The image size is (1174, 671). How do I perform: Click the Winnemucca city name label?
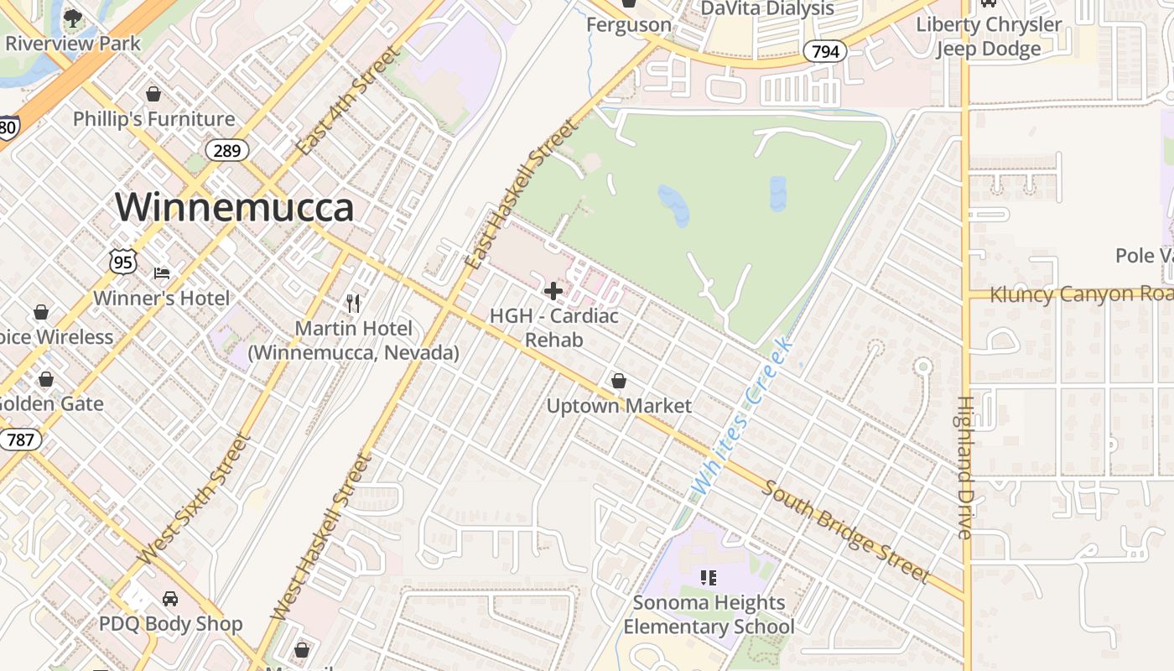[x=235, y=207]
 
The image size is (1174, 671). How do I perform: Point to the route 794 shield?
[x=825, y=52]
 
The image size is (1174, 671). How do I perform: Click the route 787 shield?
[x=20, y=440]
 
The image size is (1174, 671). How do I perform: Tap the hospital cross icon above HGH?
[x=553, y=292]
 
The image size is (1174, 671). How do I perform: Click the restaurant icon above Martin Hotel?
[x=353, y=303]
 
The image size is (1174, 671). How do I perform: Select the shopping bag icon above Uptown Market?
[x=619, y=381]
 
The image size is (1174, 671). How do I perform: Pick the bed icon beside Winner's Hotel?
[x=162, y=273]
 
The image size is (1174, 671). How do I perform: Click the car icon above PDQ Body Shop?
[x=170, y=599]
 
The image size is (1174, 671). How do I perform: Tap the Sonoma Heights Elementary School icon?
[x=709, y=577]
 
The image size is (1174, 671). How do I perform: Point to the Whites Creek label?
[x=740, y=415]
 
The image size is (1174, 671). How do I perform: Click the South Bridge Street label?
[x=845, y=532]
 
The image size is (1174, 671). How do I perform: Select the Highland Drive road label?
[x=965, y=467]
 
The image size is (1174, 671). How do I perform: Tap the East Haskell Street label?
[x=522, y=195]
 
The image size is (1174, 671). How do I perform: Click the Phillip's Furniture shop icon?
[x=153, y=94]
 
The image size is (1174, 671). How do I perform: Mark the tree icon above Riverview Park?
[x=73, y=18]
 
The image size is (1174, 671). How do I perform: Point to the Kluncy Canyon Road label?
[x=1081, y=294]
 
